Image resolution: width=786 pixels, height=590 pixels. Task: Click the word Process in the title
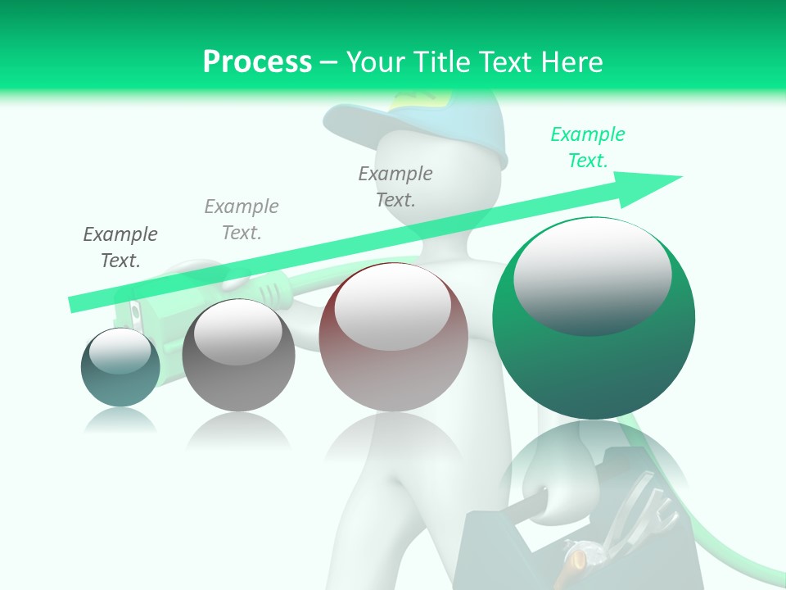(257, 61)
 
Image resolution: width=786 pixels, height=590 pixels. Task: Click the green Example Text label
(587, 147)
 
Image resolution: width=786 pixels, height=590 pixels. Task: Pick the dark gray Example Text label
(120, 247)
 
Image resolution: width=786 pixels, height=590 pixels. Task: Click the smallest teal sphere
(120, 368)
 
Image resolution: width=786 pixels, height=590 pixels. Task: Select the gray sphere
(238, 356)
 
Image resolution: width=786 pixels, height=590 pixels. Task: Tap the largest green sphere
(594, 320)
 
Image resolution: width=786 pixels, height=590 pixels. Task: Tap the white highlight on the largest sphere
(592, 275)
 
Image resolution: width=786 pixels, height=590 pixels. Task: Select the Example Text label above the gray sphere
(242, 220)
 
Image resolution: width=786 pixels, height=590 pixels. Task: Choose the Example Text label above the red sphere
(395, 187)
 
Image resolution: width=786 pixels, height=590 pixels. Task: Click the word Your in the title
(377, 61)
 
